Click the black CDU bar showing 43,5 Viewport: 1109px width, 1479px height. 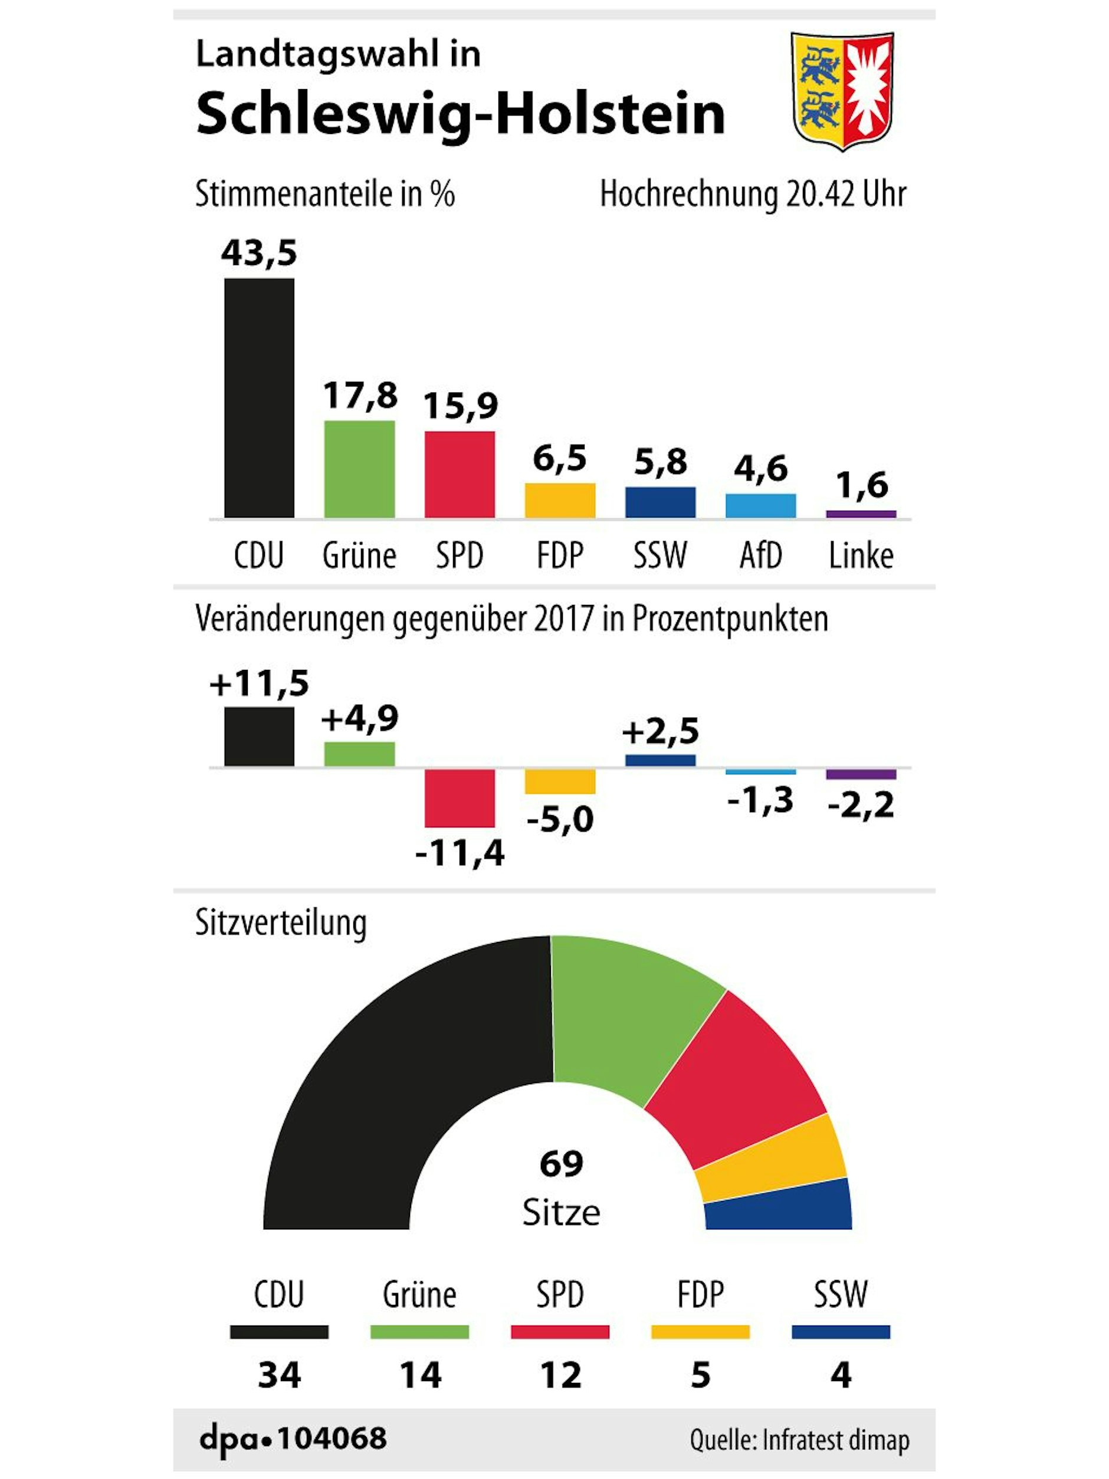(259, 398)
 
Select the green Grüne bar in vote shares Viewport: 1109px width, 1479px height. (359, 469)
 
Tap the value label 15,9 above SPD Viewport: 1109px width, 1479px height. (460, 405)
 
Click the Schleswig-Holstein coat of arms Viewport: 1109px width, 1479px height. (842, 90)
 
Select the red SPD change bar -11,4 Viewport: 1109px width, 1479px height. (460, 798)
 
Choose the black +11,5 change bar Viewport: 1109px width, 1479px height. (259, 736)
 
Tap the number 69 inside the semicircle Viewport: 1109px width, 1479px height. (561, 1163)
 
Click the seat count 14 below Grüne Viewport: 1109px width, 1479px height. (420, 1375)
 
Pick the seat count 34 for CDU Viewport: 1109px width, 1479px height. (280, 1375)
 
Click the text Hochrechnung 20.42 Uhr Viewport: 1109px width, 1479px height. (753, 195)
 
